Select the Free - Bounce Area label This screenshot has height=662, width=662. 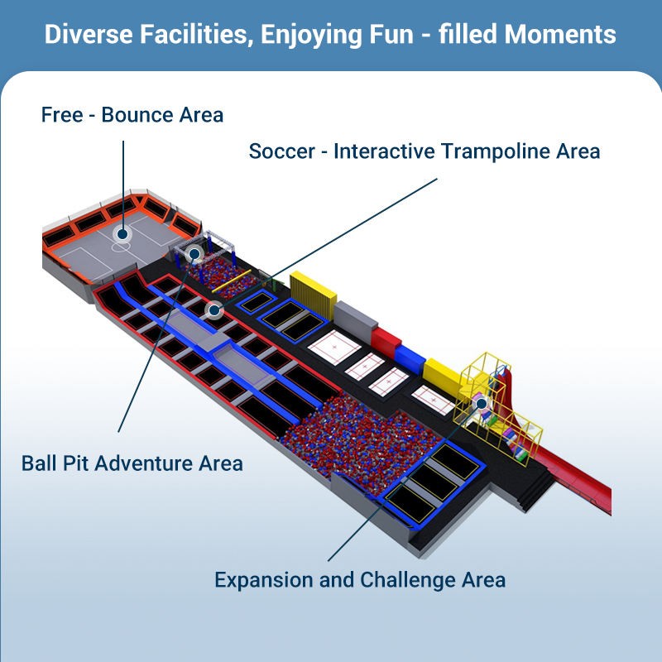coord(132,114)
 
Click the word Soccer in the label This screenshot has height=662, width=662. coord(281,151)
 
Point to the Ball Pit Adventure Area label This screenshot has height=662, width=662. coord(132,462)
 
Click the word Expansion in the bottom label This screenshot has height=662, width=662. coord(263,579)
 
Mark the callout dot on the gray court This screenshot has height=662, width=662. coord(122,234)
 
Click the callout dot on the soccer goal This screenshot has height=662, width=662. coord(194,254)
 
